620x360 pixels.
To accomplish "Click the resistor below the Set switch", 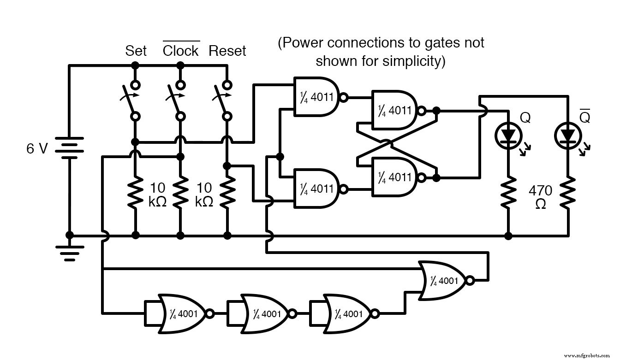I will (135, 192).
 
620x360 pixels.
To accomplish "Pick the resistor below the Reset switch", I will (227, 192).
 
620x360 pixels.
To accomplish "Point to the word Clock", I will (180, 51).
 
